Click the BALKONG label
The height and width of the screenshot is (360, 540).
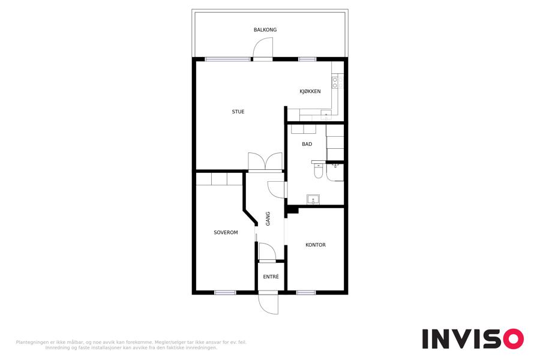pyautogui.click(x=265, y=30)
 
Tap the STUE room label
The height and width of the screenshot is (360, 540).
pyautogui.click(x=238, y=112)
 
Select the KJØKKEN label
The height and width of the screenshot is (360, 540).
pyautogui.click(x=310, y=91)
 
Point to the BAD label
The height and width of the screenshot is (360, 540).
pyautogui.click(x=307, y=144)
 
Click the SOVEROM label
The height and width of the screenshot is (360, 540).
pyautogui.click(x=226, y=233)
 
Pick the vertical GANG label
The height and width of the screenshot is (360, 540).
pyautogui.click(x=268, y=219)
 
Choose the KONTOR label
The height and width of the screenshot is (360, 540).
pyautogui.click(x=316, y=245)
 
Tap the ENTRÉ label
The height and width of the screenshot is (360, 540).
pyautogui.click(x=271, y=277)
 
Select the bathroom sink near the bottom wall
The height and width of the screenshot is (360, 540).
pyautogui.click(x=313, y=199)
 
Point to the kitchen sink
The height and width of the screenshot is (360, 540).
pyautogui.click(x=326, y=115)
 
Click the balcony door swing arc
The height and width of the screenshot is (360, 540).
pyautogui.click(x=263, y=47)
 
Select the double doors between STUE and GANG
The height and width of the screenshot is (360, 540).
pyautogui.click(x=265, y=161)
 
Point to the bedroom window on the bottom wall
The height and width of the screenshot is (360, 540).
pyautogui.click(x=225, y=293)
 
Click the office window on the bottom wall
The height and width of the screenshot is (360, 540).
pyautogui.click(x=306, y=293)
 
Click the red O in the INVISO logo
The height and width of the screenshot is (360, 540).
pyautogui.click(x=514, y=339)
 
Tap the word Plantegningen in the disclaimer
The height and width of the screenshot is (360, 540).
pyautogui.click(x=32, y=343)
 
